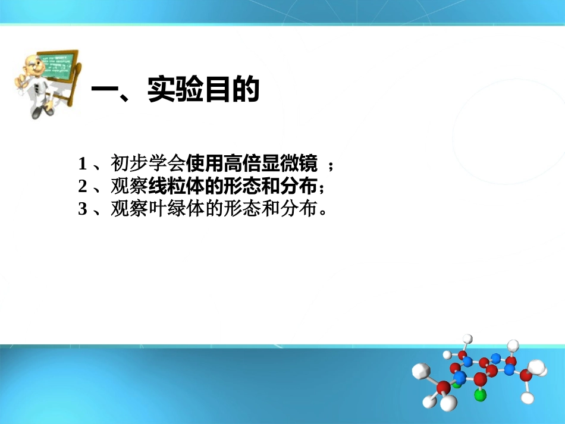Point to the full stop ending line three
point(324,213)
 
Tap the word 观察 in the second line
point(128,187)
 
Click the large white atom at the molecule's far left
point(421,371)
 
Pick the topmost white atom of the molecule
point(468,340)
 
